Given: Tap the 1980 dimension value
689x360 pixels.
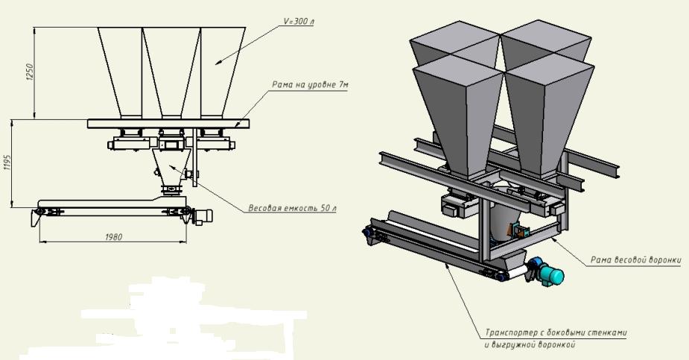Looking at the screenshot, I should point(113,237).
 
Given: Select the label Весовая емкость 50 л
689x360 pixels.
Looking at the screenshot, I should point(292,208).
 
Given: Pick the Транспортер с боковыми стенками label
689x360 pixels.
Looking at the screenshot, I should point(551,332).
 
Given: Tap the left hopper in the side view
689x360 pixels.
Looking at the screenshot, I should point(120,67).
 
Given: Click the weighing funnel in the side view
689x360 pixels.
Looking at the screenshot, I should point(171,165).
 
